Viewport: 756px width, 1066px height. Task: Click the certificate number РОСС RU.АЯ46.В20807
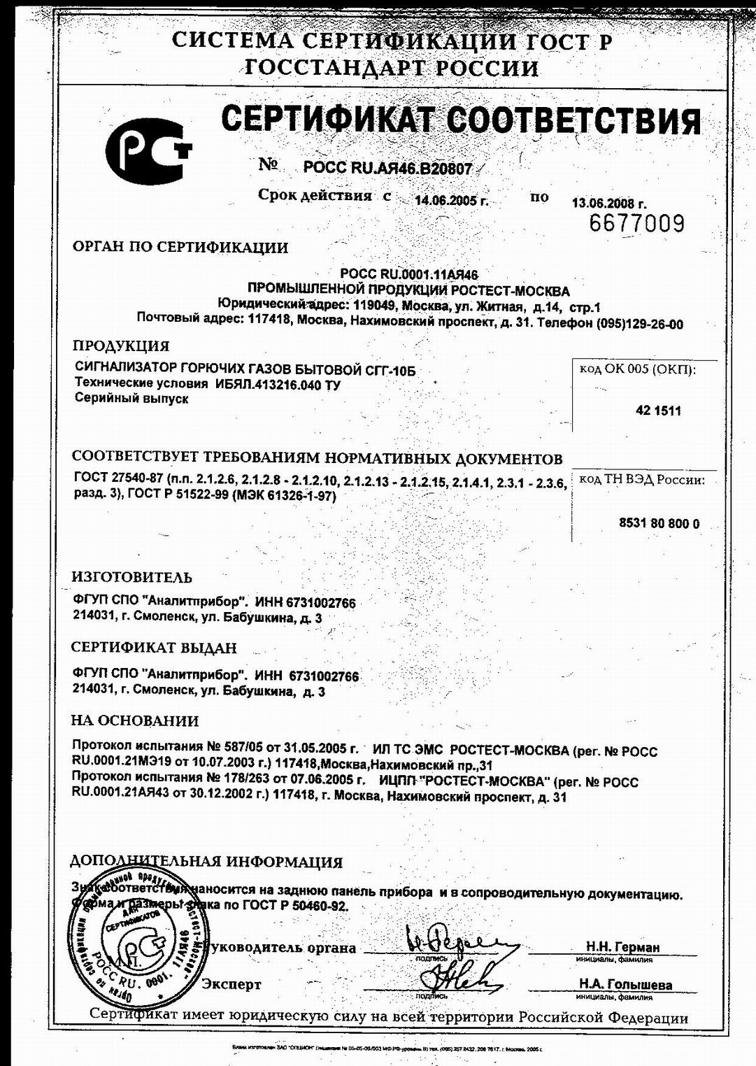pyautogui.click(x=388, y=169)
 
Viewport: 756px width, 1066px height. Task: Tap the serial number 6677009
pyautogui.click(x=636, y=224)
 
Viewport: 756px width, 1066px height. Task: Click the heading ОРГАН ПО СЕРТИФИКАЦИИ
pyautogui.click(x=180, y=247)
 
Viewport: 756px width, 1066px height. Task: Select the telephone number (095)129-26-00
pyautogui.click(x=639, y=324)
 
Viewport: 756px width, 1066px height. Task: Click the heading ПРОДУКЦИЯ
pyautogui.click(x=122, y=346)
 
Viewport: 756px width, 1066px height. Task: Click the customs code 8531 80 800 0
pyautogui.click(x=659, y=524)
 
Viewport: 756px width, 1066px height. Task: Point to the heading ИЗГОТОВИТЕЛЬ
pyautogui.click(x=132, y=577)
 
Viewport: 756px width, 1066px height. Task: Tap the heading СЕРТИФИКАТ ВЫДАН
pyautogui.click(x=155, y=648)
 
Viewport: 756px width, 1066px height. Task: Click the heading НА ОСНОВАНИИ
pyautogui.click(x=136, y=720)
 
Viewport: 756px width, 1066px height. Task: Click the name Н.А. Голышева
pyautogui.click(x=625, y=985)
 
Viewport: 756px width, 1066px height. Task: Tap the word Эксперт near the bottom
pyautogui.click(x=231, y=984)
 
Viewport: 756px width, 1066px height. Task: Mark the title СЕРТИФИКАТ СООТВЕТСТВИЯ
pyautogui.click(x=461, y=120)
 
